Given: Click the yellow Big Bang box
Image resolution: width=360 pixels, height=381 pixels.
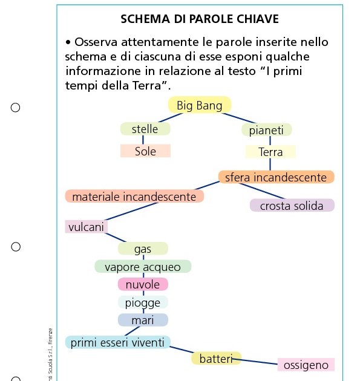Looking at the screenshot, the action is (199, 106).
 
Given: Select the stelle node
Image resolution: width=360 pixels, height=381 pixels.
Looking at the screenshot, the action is (145, 129).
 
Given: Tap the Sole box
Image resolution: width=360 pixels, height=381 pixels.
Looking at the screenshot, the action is (145, 151).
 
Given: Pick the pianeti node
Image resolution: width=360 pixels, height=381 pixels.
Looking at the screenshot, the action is (266, 130).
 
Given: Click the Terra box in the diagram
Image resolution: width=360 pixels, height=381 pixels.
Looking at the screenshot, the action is (270, 152).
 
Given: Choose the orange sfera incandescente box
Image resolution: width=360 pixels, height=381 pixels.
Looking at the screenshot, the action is (276, 177).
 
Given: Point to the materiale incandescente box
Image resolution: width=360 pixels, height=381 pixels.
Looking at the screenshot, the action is (134, 197).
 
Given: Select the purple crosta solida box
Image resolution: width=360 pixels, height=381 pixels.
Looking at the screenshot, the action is (292, 206).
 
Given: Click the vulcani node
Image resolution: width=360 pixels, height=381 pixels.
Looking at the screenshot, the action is (87, 227).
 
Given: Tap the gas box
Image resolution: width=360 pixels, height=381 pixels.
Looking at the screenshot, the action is (143, 249).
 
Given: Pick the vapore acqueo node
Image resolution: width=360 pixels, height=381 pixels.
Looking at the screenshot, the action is (143, 267).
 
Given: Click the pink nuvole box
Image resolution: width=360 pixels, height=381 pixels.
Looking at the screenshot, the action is (143, 284).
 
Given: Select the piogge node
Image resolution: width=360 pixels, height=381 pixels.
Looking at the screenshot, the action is (143, 302).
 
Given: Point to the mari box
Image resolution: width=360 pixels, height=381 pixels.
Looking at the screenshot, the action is (143, 320).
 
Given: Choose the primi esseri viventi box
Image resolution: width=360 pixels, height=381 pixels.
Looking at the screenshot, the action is (117, 343).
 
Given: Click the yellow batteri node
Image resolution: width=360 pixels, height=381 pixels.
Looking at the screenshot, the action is (216, 359).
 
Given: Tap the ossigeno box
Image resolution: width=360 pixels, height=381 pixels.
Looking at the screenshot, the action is (306, 365).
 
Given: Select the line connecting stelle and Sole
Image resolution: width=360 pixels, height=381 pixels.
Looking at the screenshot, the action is (143, 140).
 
